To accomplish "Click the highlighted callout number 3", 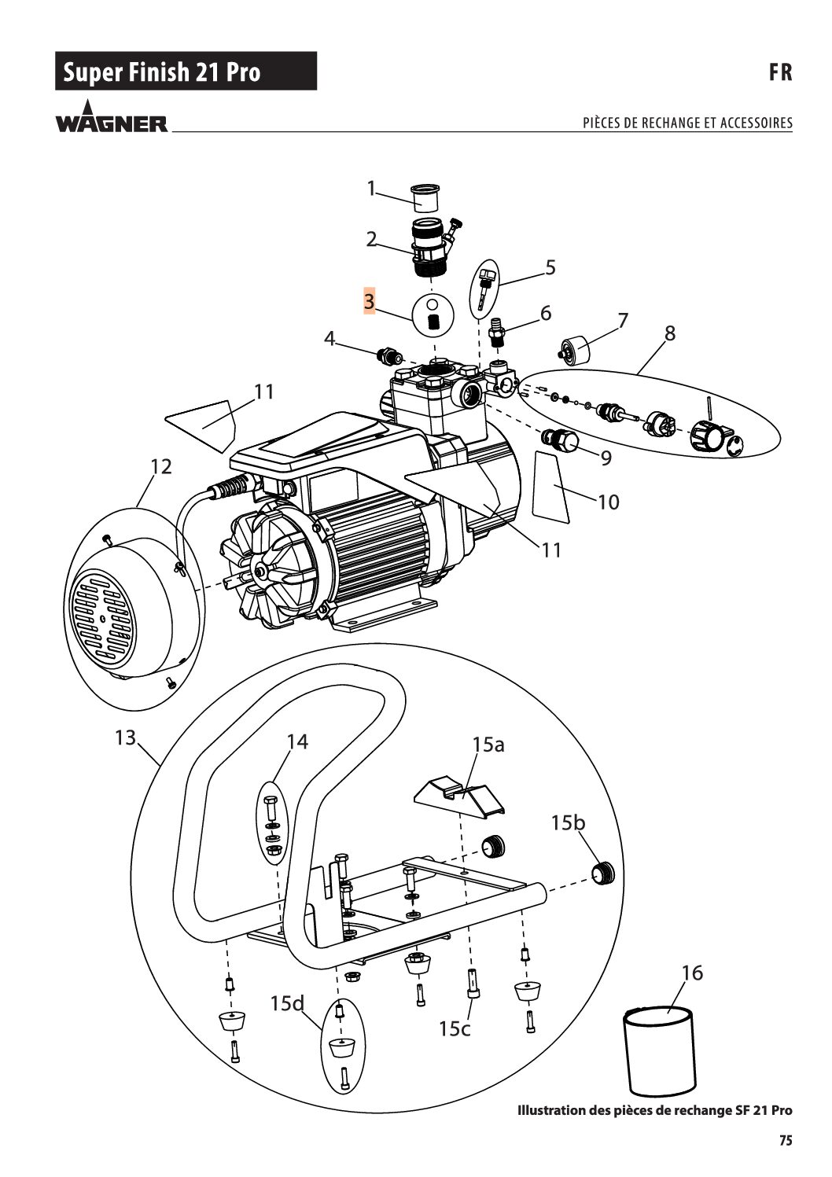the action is pos(369,301).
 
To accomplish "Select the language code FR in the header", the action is pos(781,72).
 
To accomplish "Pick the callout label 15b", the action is pos(568,822).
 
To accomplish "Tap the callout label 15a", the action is pos(488,745).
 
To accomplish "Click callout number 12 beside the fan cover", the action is pos(161,466).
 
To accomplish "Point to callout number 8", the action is pos(669,333).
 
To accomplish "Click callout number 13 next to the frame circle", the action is pos(126,737).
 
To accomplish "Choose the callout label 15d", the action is pos(288,1003).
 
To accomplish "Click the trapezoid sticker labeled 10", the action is pos(550,487).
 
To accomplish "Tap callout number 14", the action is pos(297,741).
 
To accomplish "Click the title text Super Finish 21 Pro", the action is pos(162,72).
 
